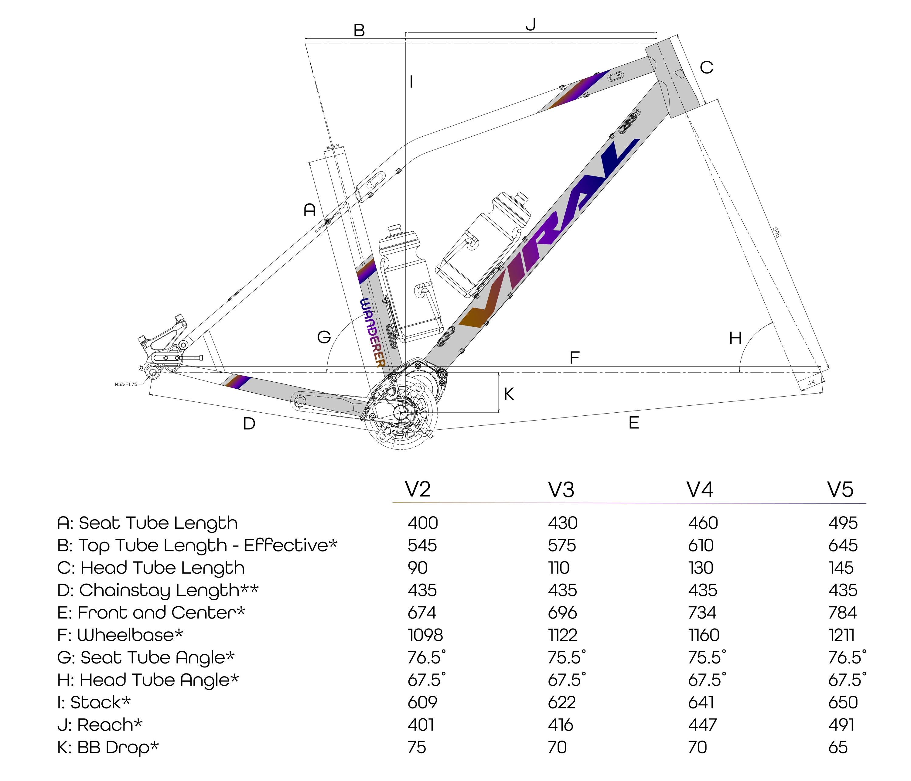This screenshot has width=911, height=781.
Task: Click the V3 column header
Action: (x=561, y=489)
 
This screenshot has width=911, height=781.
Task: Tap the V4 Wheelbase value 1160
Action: (x=704, y=635)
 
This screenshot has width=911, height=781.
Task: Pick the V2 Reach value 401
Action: (x=421, y=725)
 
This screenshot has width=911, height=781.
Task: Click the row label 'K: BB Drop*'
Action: (x=108, y=747)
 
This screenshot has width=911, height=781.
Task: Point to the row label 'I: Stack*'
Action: (x=94, y=702)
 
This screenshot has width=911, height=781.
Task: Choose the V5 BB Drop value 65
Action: (x=838, y=747)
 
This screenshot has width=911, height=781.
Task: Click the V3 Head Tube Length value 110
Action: (x=558, y=568)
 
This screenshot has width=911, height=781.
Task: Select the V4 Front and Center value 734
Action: (x=702, y=612)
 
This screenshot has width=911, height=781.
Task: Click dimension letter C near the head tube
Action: (x=706, y=68)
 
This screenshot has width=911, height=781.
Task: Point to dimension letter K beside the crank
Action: (x=509, y=394)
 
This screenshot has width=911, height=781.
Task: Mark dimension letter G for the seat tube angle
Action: (x=324, y=337)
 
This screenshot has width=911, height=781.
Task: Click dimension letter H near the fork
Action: (x=735, y=338)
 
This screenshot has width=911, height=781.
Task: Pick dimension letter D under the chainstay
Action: (x=249, y=424)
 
